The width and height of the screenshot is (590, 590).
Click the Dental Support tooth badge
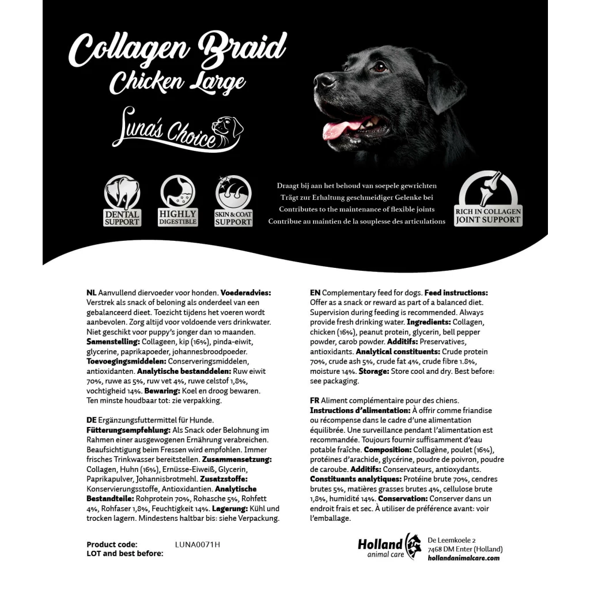pos(122,201)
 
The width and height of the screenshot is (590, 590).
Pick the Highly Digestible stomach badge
pos(177,201)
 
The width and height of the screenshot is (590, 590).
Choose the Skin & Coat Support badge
pos(233,201)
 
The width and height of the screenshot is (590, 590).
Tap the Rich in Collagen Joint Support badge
pos(488,199)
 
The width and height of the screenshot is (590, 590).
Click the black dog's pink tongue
pos(342,128)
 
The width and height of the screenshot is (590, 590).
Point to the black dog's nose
pos(323,80)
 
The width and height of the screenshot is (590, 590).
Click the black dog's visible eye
pos(379,67)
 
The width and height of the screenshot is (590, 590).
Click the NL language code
pos(91,293)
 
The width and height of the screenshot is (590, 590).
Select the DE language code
pos(91,421)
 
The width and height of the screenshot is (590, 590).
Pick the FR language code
pos(315,400)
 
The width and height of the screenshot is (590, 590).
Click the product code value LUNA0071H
pos(197,544)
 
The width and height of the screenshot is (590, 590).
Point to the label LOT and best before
pos(124,554)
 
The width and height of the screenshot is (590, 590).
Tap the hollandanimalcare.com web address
pos(463,558)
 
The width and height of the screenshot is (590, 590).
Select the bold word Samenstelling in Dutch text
pos(112,342)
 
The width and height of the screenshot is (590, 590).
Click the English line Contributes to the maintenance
pos(357,209)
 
